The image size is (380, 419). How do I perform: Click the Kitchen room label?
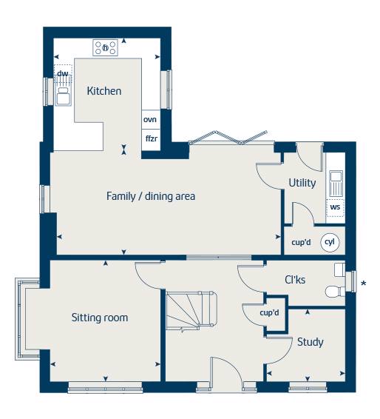tap(104, 91)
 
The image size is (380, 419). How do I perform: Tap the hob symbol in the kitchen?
tap(106, 48)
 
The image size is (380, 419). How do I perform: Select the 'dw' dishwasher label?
tap(63, 73)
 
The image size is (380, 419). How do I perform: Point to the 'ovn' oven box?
tap(151, 119)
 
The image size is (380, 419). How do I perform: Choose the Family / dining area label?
tap(151, 196)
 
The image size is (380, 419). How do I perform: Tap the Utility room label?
tap(302, 183)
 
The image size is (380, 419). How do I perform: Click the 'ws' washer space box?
tap(335, 207)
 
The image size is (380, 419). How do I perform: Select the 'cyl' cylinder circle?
tap(330, 242)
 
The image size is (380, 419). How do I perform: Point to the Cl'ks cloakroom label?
tap(295, 280)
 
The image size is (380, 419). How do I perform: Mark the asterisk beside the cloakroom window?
tap(364, 284)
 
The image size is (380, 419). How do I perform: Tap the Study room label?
tap(311, 342)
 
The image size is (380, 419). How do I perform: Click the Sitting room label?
tap(100, 318)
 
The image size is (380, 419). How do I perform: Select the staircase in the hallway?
tap(191, 311)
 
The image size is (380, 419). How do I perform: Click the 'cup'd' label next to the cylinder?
tap(302, 242)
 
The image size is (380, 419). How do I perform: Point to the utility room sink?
tap(336, 184)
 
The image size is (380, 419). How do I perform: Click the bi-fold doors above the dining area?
tap(228, 138)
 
